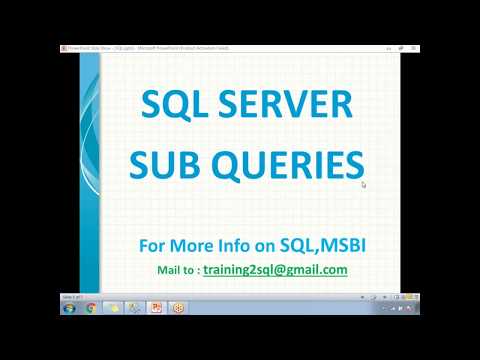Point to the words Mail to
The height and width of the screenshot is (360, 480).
click(x=175, y=270)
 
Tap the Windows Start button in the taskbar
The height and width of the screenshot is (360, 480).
click(x=70, y=308)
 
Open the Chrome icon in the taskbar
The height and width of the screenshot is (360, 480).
click(x=91, y=308)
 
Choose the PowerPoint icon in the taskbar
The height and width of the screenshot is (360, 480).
click(x=157, y=308)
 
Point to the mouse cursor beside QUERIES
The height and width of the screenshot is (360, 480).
click(x=364, y=184)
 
